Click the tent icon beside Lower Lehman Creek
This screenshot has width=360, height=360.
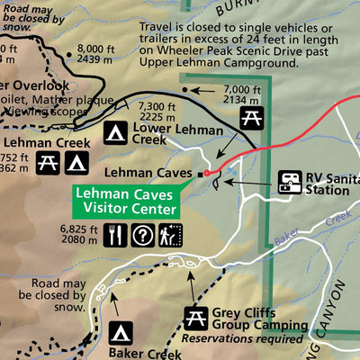[x=114, y=133]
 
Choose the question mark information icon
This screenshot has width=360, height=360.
[x=142, y=236]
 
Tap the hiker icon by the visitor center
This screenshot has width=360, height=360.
[x=168, y=236]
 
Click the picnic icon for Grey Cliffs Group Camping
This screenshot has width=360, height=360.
[x=193, y=317]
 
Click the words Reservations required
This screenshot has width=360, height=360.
[x=241, y=339]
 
